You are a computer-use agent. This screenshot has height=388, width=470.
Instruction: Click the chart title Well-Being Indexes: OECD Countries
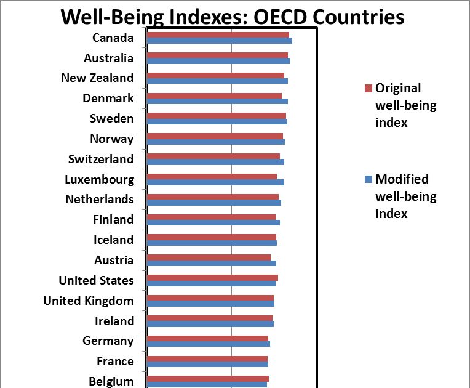click(233, 16)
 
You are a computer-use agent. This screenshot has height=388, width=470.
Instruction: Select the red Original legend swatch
click(368, 88)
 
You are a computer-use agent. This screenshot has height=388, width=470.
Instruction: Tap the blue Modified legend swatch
click(368, 179)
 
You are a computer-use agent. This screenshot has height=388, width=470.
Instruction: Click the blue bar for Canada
click(219, 41)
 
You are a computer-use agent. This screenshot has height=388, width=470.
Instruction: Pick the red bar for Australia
click(217, 55)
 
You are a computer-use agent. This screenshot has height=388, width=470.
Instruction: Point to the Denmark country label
click(108, 99)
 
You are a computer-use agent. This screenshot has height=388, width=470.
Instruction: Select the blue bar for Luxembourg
click(215, 182)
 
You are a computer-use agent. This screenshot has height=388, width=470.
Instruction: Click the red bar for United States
click(212, 278)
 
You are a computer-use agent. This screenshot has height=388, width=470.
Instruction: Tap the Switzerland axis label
click(101, 159)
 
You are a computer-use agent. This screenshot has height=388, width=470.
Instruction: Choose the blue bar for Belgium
click(207, 384)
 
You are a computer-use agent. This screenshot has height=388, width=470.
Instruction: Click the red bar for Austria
click(209, 257)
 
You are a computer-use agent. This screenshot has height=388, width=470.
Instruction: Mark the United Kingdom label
click(89, 301)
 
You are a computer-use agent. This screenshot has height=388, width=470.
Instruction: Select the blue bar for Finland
click(213, 222)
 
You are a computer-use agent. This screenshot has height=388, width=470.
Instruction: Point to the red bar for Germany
click(207, 338)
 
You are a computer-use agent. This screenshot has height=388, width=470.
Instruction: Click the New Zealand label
click(97, 78)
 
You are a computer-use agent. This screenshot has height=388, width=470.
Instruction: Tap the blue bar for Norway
click(215, 142)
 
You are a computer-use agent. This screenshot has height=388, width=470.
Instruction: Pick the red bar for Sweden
click(216, 116)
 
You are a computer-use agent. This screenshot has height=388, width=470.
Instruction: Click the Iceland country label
click(113, 240)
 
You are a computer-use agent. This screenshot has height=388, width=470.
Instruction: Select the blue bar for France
click(207, 364)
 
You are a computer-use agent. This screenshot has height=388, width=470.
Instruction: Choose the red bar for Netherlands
click(212, 196)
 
